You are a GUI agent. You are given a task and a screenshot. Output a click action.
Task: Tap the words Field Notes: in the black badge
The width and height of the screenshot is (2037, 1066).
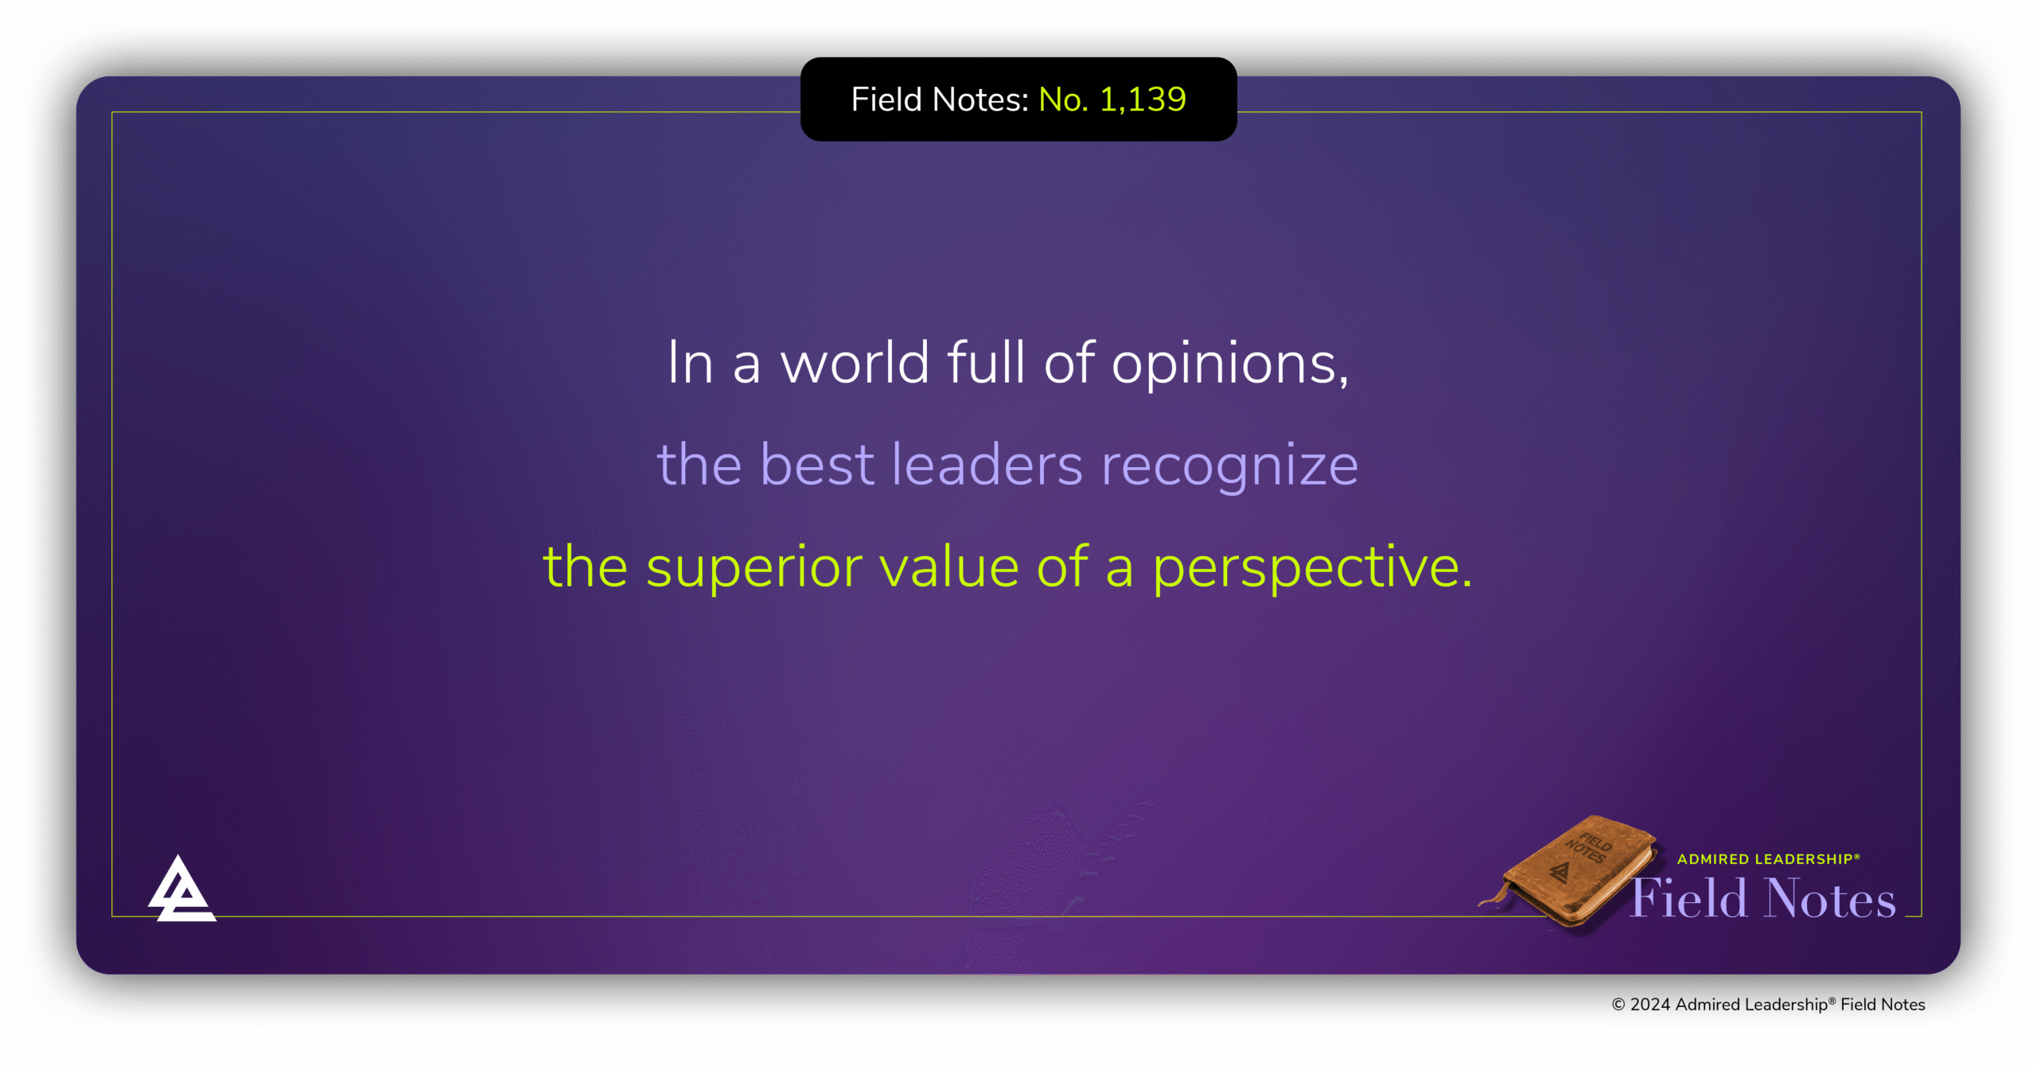click(940, 100)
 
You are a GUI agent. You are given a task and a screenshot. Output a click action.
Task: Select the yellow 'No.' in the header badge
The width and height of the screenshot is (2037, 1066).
click(1063, 100)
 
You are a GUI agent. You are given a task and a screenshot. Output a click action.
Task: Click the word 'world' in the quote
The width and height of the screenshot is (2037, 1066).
click(855, 364)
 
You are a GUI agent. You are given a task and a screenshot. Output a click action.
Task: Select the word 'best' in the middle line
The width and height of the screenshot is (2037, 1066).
click(817, 465)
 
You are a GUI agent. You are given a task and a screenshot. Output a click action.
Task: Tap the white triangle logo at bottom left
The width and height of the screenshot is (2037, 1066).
click(181, 891)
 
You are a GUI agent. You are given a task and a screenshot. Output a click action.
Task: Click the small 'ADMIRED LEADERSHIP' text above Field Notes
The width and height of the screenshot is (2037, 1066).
click(1767, 859)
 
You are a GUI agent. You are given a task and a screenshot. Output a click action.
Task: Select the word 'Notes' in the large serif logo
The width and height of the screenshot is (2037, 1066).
click(1830, 900)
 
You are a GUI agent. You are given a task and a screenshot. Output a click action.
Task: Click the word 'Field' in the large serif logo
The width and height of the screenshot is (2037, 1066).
click(1688, 900)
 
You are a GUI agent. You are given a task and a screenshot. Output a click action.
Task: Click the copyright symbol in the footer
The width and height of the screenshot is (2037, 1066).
click(1618, 1005)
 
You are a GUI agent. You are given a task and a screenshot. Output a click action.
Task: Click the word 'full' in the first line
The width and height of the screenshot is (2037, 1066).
click(986, 364)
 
